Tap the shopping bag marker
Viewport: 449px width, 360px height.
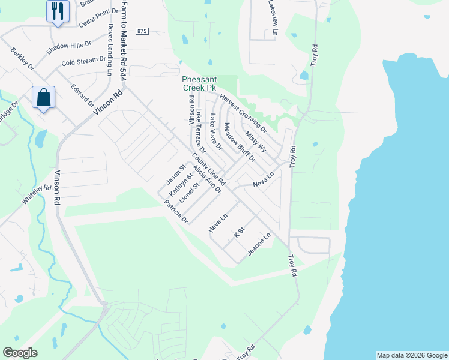point(44,97)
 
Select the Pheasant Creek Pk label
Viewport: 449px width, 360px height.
point(199,83)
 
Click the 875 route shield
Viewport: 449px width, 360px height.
point(142,31)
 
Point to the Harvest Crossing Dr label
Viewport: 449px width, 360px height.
point(243,113)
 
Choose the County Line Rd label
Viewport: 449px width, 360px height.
point(209,169)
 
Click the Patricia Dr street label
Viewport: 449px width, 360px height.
point(176,212)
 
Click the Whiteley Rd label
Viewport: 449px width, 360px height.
point(37,195)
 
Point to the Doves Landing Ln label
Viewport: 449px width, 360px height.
point(110,50)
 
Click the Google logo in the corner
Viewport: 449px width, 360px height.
point(20,353)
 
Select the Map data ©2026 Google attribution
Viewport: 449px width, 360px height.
point(411,355)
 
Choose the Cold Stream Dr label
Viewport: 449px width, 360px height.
point(83,62)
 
